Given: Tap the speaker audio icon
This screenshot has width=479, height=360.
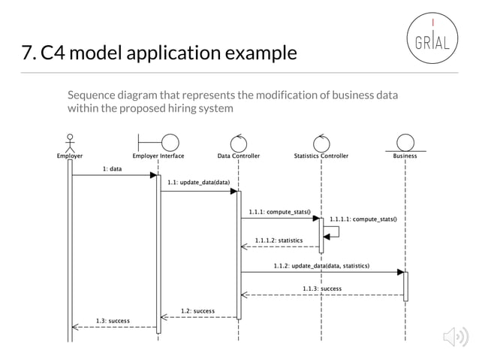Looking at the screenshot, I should click(x=456, y=338).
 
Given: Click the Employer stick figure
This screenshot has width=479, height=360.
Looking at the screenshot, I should click(x=71, y=142).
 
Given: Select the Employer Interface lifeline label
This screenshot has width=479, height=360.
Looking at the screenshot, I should click(x=158, y=156).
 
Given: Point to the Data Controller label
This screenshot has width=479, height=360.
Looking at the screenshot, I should click(x=239, y=156).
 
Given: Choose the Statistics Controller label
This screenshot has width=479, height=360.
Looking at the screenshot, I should click(x=321, y=156).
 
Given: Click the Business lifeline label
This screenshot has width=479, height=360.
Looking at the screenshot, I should click(x=405, y=156).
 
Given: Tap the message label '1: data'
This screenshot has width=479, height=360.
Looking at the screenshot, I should click(x=113, y=169).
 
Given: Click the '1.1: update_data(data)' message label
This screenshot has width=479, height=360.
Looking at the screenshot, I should click(x=198, y=183).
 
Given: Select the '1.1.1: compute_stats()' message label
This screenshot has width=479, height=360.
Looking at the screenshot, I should click(x=280, y=212).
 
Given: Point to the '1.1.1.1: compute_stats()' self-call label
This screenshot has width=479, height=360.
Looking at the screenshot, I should click(x=363, y=219).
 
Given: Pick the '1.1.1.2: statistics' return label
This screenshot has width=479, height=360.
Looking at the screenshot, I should click(x=279, y=241).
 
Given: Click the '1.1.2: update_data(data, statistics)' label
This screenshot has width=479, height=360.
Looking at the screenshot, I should click(x=321, y=266).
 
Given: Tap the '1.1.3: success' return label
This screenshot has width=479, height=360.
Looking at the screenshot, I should click(x=322, y=289).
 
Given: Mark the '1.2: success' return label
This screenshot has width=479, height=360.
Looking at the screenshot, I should click(x=198, y=310).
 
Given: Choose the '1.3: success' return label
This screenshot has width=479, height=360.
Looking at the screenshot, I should click(x=113, y=321).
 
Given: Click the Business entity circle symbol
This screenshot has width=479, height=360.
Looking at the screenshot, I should click(x=405, y=142).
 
